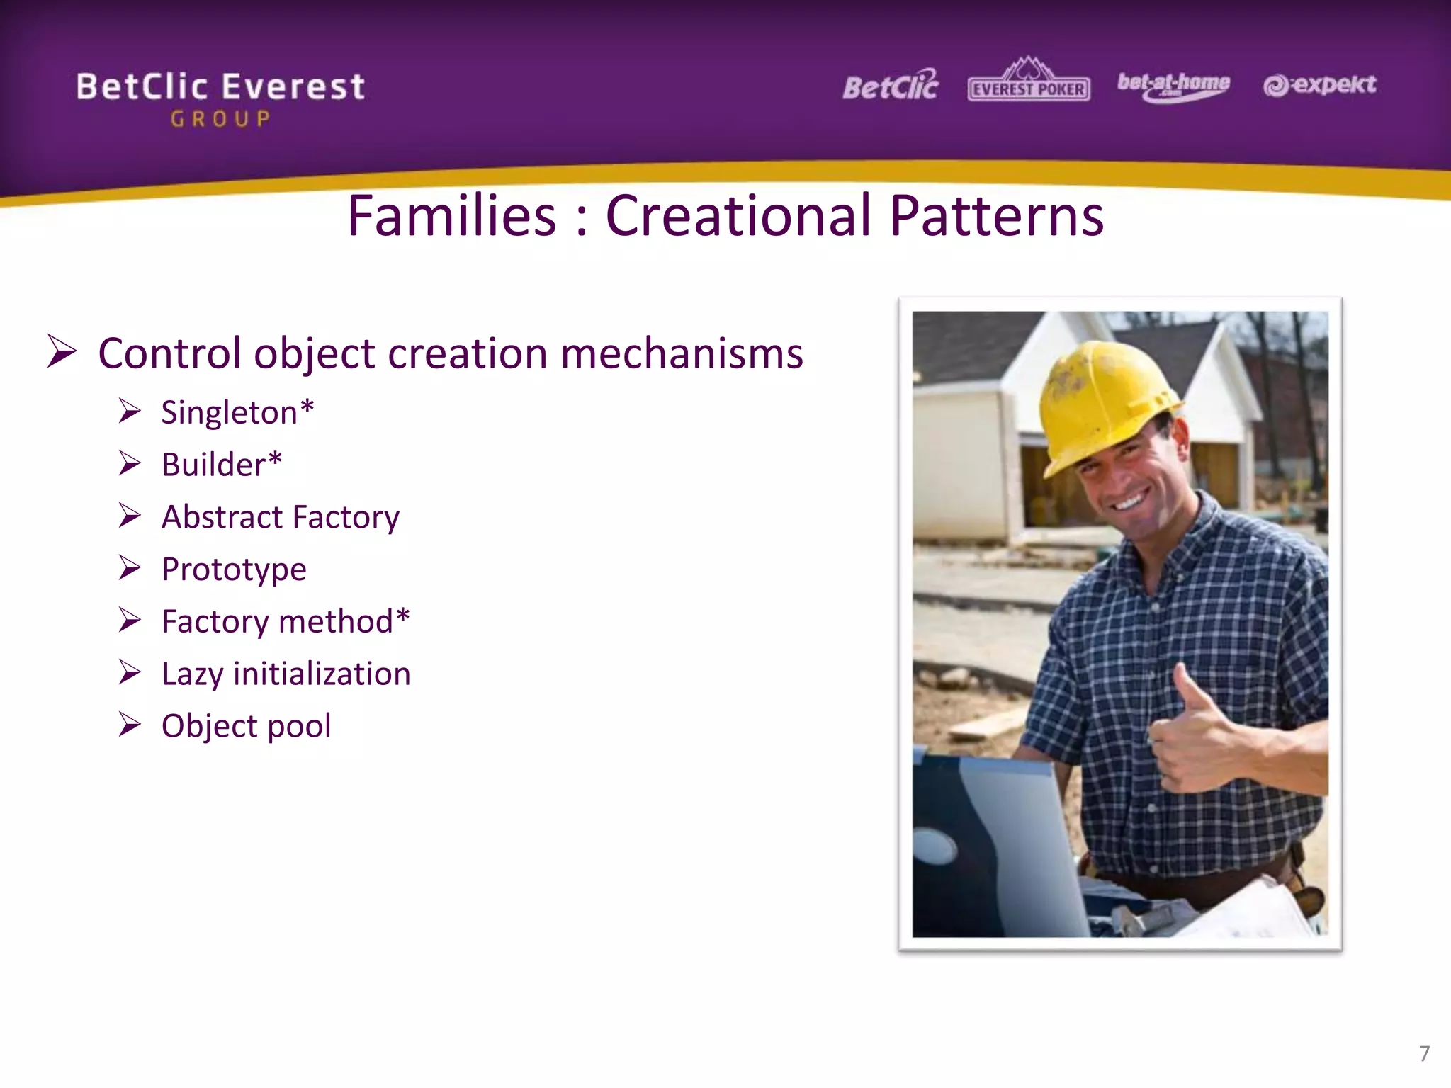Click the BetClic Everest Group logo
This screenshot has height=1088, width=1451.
coord(220,98)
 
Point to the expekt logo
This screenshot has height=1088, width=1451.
coord(1320,85)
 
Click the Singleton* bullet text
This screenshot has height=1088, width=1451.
coord(237,412)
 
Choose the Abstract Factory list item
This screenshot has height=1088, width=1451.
coord(281,517)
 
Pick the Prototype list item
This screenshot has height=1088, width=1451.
coord(234,569)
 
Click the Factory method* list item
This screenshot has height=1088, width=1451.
coord(286,621)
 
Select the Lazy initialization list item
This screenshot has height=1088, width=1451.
coord(286,674)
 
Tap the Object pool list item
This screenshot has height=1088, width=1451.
coord(246,726)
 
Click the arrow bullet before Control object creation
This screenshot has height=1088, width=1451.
coord(62,351)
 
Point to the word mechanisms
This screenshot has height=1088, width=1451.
coord(682,353)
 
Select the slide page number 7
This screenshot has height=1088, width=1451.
coord(1424,1053)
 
